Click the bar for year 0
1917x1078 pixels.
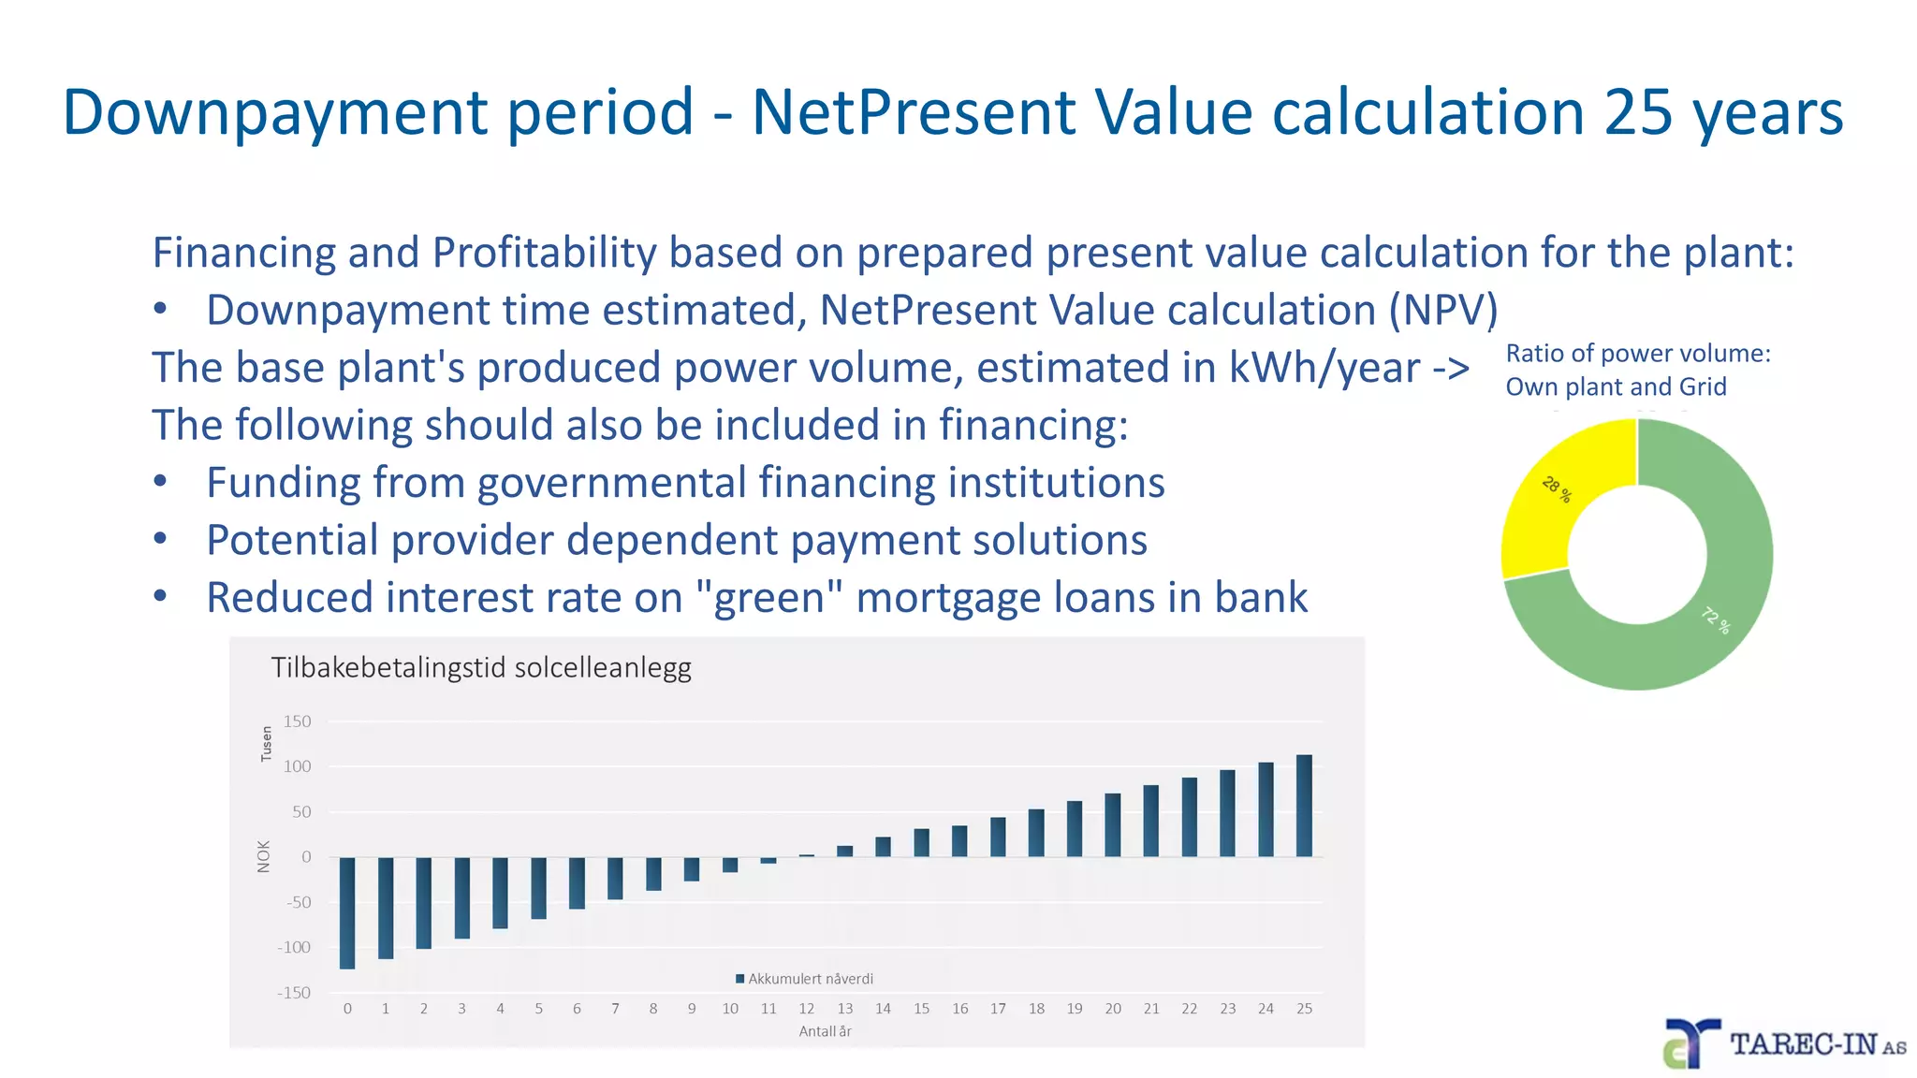(347, 912)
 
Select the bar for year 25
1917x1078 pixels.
(1304, 806)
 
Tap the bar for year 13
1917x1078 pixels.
(845, 852)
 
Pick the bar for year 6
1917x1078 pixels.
(577, 882)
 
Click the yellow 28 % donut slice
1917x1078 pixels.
(1558, 496)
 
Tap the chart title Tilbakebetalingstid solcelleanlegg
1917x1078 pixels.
(481, 668)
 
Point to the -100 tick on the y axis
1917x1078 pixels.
(294, 948)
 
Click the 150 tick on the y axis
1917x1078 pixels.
(297, 721)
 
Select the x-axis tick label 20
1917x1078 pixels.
(1113, 1009)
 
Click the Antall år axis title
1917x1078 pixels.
(825, 1031)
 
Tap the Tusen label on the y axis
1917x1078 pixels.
(266, 744)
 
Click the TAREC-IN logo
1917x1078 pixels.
(1783, 1044)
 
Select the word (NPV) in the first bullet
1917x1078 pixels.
(1442, 311)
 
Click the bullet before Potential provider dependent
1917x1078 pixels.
(161, 540)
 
